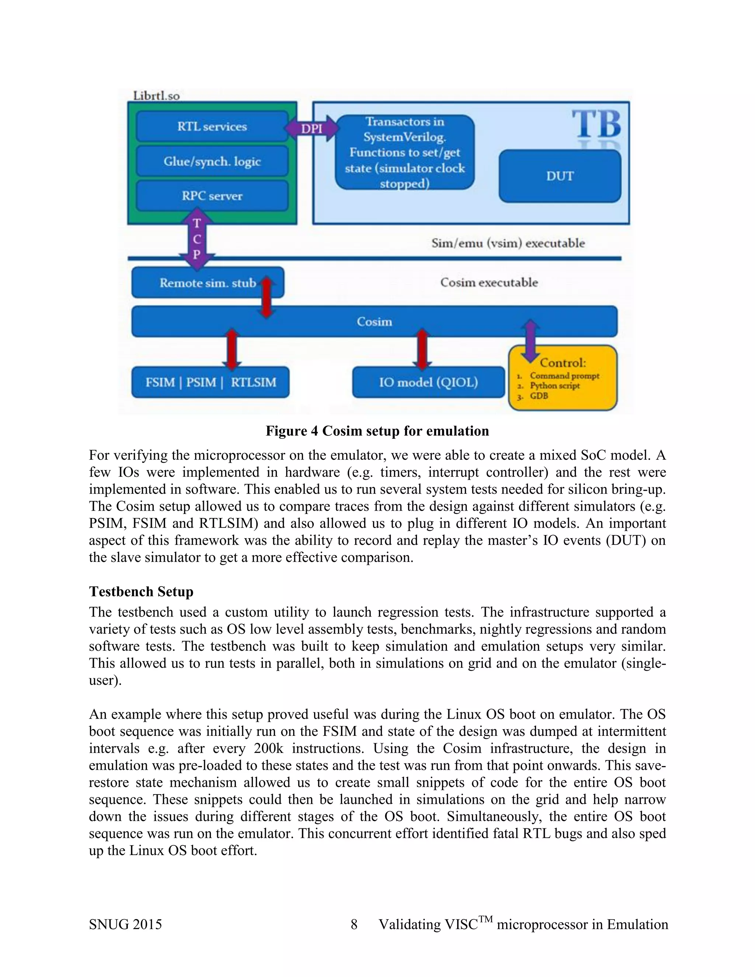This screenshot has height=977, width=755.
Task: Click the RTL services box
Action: [x=212, y=126]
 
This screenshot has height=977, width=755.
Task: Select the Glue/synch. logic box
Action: [x=212, y=161]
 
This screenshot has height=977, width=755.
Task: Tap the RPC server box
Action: [x=212, y=196]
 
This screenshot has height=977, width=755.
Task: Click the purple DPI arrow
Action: [x=312, y=129]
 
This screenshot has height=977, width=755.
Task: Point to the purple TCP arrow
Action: [x=197, y=241]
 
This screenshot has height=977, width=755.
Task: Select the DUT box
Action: [x=560, y=176]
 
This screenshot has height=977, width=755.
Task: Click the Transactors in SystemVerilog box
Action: [x=404, y=153]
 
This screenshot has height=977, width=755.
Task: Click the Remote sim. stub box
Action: [x=208, y=283]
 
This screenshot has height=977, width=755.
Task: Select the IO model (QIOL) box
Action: [x=428, y=382]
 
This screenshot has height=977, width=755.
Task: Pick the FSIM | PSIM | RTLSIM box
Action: [x=210, y=382]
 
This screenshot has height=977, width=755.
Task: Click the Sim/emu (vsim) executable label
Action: [x=508, y=243]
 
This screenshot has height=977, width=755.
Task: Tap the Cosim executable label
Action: [x=489, y=283]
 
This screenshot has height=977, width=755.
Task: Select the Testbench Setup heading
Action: [x=141, y=591]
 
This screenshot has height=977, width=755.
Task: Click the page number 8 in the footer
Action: [x=354, y=924]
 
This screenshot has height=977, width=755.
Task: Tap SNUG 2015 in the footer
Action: [x=125, y=924]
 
